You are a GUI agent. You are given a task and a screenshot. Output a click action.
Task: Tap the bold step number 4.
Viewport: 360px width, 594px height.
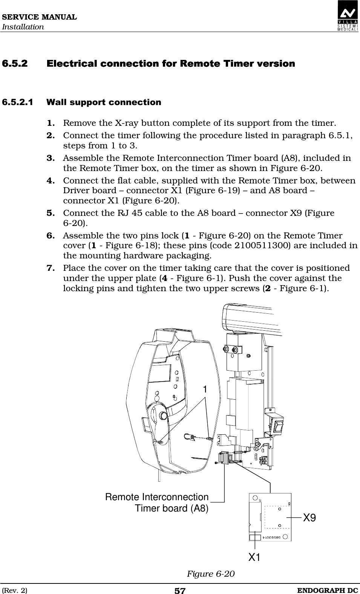51,181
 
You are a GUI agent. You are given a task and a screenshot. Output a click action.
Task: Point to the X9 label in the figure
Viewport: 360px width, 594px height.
309,518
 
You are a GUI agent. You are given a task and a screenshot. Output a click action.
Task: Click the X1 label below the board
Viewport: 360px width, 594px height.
254,557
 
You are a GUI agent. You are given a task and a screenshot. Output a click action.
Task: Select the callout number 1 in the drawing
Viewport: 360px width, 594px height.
205,390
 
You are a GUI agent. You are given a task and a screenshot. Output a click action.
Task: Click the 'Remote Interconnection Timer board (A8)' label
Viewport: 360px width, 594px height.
157,502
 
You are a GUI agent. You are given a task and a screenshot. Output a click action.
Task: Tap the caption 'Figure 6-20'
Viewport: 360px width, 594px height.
211,574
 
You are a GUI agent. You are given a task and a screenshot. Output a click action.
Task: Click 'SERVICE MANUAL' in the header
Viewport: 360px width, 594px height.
38,17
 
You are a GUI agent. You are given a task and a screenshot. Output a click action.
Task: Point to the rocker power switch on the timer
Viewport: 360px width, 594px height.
279,426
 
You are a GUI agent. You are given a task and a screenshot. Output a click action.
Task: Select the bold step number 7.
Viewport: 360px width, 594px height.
51,268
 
